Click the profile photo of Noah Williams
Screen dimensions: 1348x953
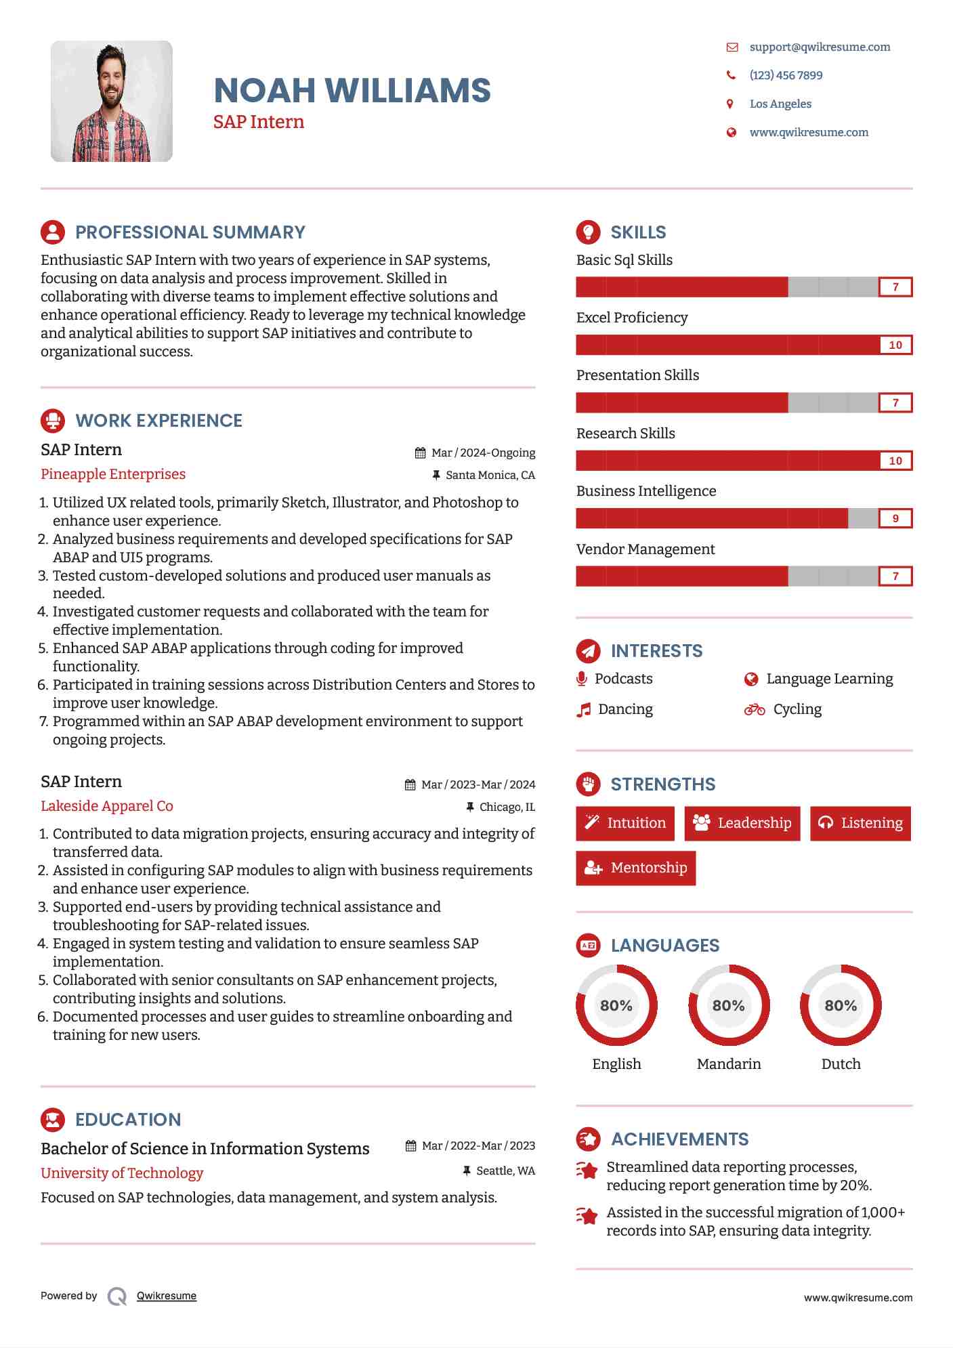pos(112,101)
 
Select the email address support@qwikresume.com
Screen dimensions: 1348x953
pos(820,47)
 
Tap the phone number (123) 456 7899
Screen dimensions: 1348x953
pos(786,75)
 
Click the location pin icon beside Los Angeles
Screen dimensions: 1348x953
pos(730,104)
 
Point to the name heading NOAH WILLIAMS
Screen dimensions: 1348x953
pos(352,91)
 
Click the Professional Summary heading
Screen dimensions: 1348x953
pos(190,232)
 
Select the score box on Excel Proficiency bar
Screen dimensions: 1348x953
pos(895,345)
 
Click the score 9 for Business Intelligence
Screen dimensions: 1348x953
pos(895,518)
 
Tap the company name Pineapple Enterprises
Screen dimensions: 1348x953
pos(113,474)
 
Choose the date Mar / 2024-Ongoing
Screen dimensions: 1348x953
pos(483,452)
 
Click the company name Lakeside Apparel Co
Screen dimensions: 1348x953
pos(107,806)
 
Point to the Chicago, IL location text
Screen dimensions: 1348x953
pos(507,807)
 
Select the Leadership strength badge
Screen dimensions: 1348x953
pos(742,823)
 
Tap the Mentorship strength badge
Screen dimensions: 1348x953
pos(635,868)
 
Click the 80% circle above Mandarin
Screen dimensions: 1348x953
pos(729,1005)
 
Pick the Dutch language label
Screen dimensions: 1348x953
pos(841,1064)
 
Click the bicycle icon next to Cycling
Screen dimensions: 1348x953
pos(754,709)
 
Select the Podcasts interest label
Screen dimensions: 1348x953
pos(623,679)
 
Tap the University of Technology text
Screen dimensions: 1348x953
pos(122,1173)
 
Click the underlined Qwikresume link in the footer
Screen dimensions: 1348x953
pos(167,1296)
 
